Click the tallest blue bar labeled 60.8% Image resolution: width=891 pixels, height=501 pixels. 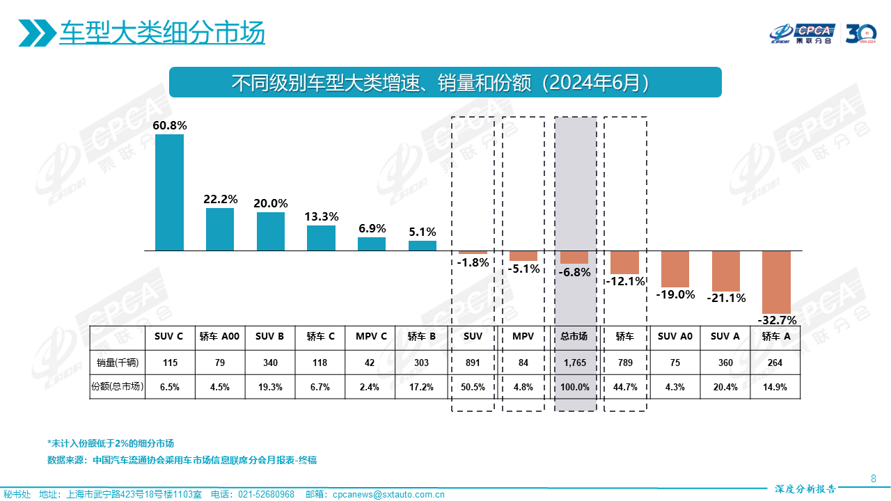point(169,192)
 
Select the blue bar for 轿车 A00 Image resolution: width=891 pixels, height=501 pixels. point(220,229)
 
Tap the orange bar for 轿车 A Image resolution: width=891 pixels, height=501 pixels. point(776,282)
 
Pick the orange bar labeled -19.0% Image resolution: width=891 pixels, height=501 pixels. point(675,269)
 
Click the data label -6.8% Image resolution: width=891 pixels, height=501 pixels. point(574,272)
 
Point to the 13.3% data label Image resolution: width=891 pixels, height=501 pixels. point(322,216)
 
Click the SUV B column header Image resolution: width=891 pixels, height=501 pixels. point(269,336)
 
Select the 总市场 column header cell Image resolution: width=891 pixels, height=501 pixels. point(574,336)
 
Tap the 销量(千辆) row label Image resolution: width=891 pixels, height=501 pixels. point(118,363)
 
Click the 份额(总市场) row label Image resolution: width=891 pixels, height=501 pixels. point(118,387)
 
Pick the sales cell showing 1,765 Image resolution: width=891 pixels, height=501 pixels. point(574,363)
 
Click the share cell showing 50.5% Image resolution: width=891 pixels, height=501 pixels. point(473,387)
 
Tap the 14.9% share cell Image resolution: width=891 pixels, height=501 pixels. point(775,387)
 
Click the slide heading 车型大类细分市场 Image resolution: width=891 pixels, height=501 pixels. point(161,33)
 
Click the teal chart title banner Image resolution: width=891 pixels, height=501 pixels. point(445,82)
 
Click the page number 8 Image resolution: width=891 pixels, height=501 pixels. point(874,478)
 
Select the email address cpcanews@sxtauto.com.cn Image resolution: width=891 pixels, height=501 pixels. point(388,494)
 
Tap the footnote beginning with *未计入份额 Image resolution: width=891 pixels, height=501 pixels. point(110,443)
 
